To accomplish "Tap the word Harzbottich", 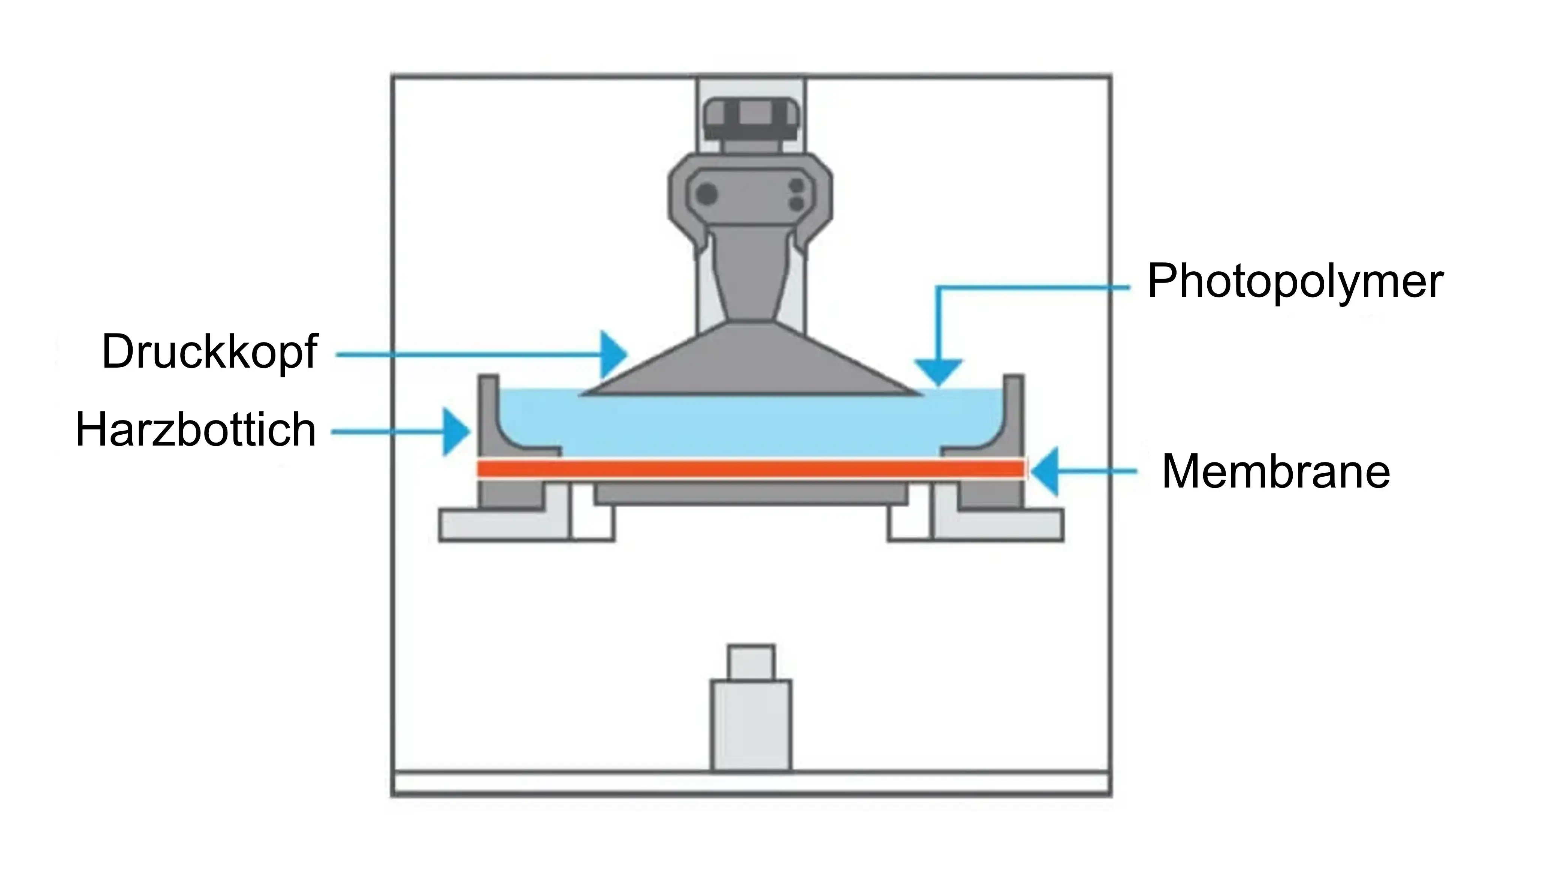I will pos(196,430).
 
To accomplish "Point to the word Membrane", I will pos(1275,472).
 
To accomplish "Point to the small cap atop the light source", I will pos(751,661).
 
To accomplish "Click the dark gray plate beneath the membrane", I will pos(750,492).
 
